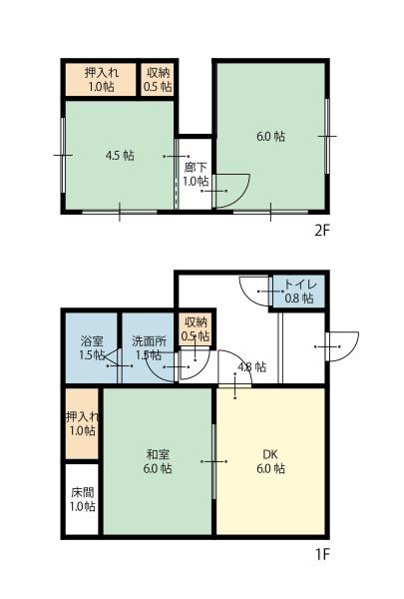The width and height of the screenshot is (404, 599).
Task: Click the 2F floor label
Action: tap(321, 231)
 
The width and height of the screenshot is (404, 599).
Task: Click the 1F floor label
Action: tap(322, 554)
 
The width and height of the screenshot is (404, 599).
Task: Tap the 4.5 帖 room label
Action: tap(120, 156)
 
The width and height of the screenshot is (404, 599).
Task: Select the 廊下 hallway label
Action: tap(196, 167)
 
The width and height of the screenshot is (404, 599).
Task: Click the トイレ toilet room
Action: tap(299, 291)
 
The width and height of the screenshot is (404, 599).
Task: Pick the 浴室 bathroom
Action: tap(91, 347)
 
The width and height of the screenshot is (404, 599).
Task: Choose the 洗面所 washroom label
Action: tap(149, 340)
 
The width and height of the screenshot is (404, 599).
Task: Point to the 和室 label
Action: tap(158, 454)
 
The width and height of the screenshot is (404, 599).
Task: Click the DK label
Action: tap(270, 454)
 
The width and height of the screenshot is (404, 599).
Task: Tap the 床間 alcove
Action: tap(82, 499)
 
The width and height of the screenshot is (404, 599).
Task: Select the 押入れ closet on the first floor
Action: tap(82, 423)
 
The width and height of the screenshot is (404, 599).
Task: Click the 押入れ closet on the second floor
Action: tap(101, 80)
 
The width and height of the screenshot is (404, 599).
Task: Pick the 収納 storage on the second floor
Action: tap(158, 80)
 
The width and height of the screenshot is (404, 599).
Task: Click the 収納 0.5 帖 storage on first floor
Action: tap(196, 329)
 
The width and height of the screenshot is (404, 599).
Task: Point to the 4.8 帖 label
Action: tap(252, 366)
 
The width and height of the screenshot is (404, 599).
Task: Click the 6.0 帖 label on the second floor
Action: tap(270, 137)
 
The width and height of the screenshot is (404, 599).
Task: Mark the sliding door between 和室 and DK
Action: tap(213, 461)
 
